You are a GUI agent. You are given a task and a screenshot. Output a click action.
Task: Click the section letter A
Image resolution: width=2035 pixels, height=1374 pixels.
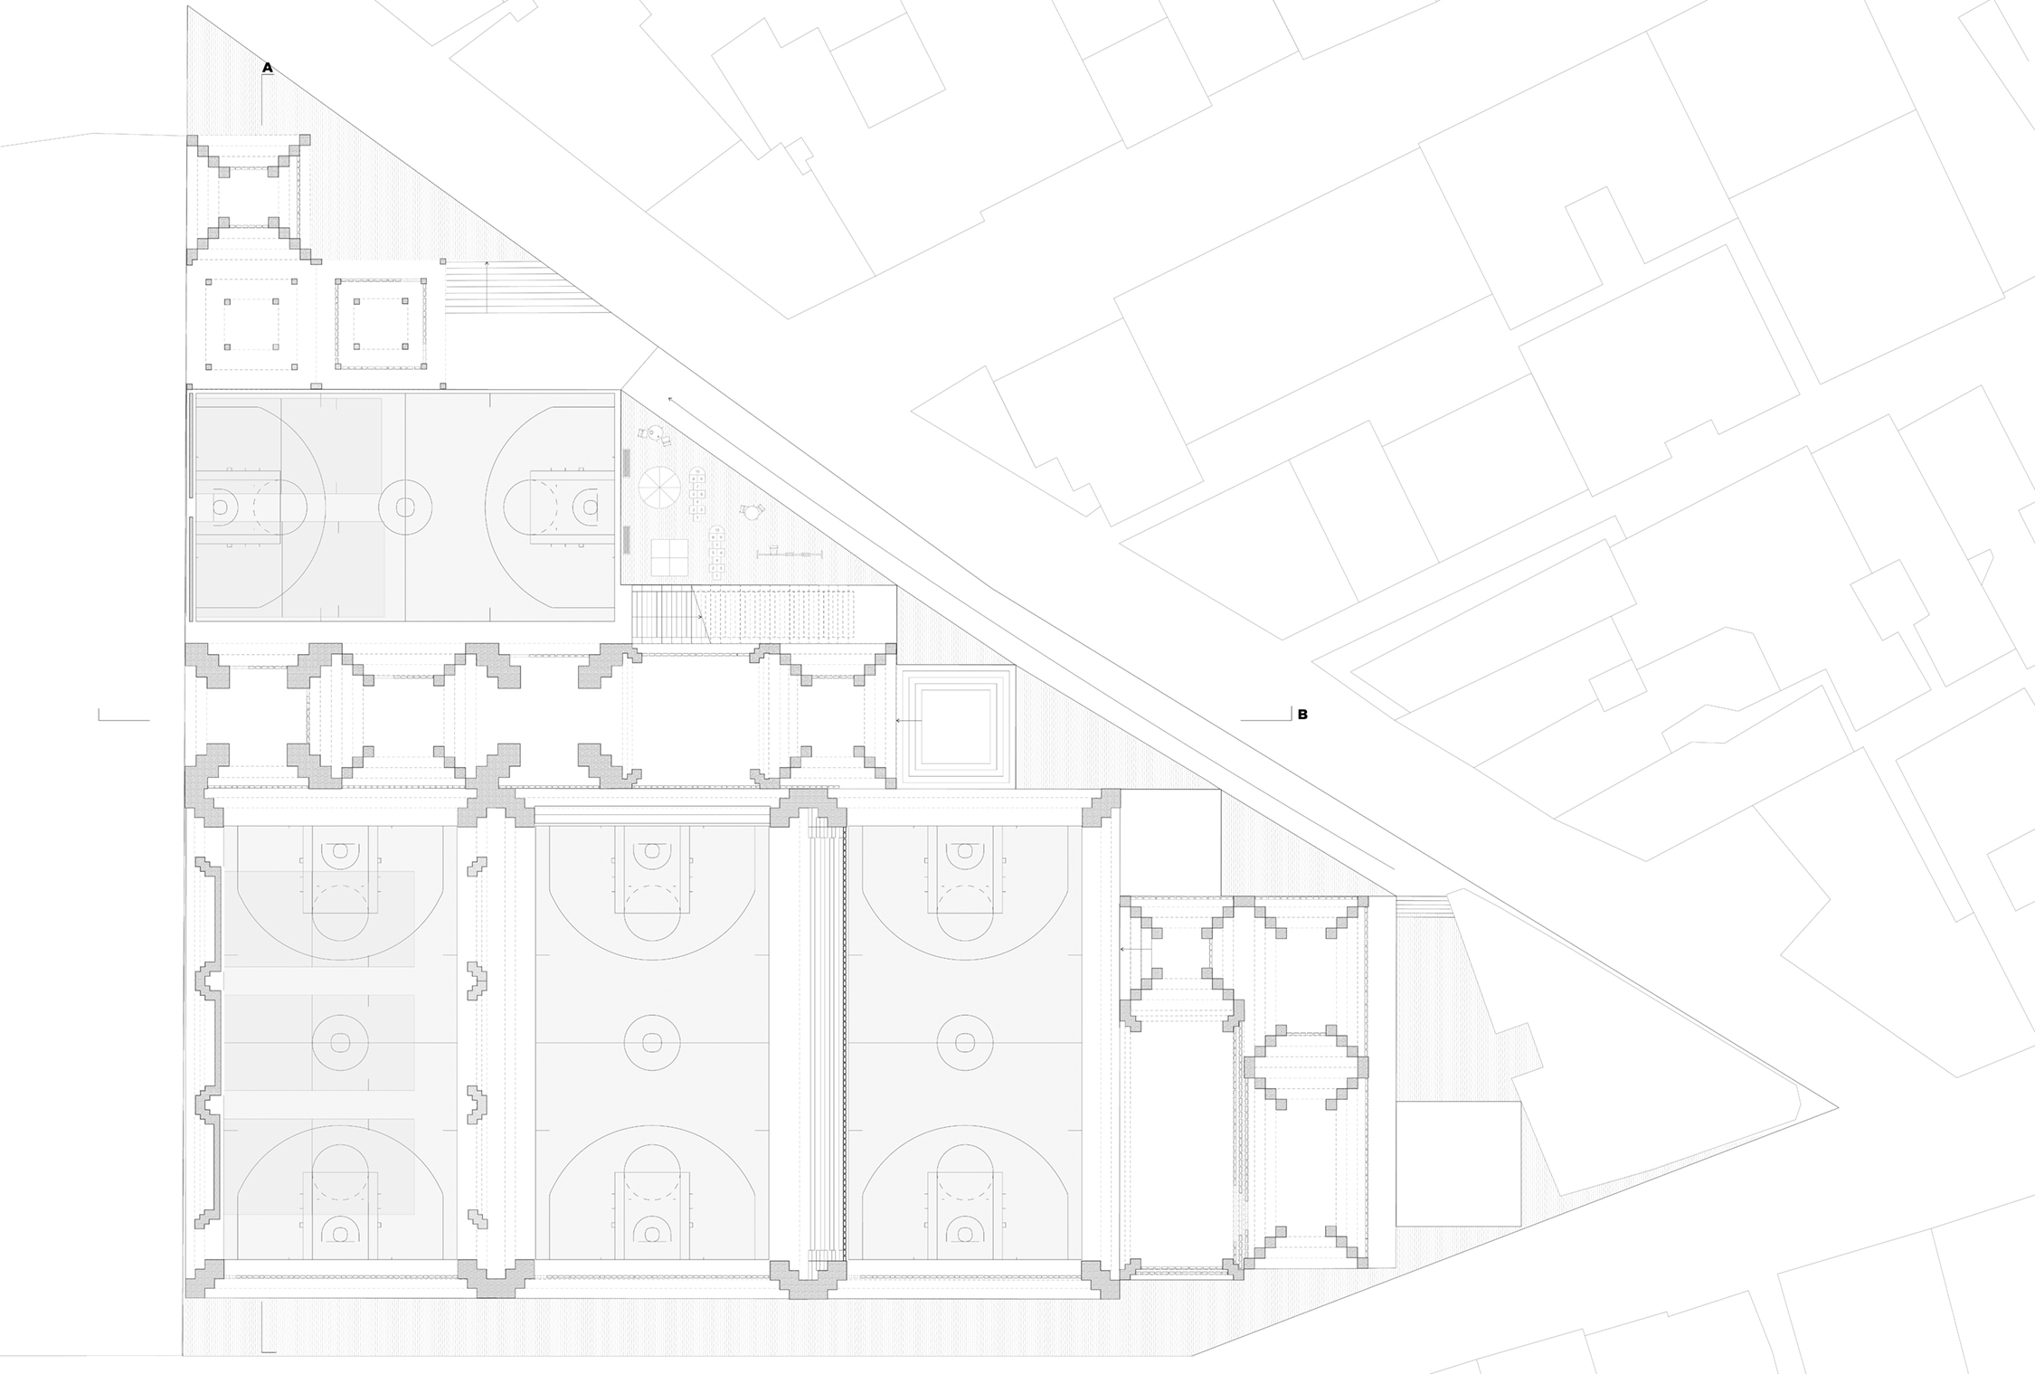point(268,67)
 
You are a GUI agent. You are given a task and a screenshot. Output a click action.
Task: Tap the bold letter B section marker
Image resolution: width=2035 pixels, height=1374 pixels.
point(1302,715)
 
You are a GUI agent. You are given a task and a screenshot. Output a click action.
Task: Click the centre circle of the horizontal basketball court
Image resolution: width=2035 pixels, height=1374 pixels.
point(404,507)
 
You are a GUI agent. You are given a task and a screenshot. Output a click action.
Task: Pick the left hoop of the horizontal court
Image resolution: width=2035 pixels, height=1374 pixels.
point(220,507)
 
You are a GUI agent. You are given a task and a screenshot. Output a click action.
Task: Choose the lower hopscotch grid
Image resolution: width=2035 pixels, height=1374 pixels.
point(717,552)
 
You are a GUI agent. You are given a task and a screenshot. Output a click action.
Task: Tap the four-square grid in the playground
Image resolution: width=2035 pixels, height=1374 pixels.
point(668,557)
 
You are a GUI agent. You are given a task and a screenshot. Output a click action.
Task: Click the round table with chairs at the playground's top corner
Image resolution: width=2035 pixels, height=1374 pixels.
point(658,437)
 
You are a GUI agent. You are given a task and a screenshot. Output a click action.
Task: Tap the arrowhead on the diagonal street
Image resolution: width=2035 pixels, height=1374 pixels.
point(670,398)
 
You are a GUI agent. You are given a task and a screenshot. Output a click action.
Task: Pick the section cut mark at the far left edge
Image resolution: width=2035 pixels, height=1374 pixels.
point(123,718)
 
